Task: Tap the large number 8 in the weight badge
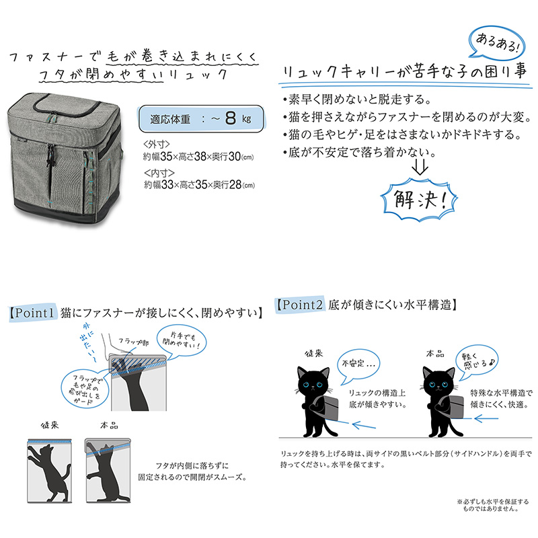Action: (231, 118)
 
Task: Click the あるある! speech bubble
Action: (497, 43)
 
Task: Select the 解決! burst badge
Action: (419, 199)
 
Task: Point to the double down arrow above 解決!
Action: (420, 166)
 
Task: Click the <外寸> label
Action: (157, 145)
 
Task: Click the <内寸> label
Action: (159, 173)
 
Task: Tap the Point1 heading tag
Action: (32, 313)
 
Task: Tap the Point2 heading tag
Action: (300, 305)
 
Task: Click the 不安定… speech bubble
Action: (358, 364)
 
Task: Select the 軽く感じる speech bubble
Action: (477, 361)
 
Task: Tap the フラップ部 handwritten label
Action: (133, 342)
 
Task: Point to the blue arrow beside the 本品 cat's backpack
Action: (486, 418)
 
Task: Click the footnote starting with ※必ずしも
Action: (492, 505)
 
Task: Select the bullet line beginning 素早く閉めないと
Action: (357, 100)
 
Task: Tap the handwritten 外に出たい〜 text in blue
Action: (88, 342)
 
